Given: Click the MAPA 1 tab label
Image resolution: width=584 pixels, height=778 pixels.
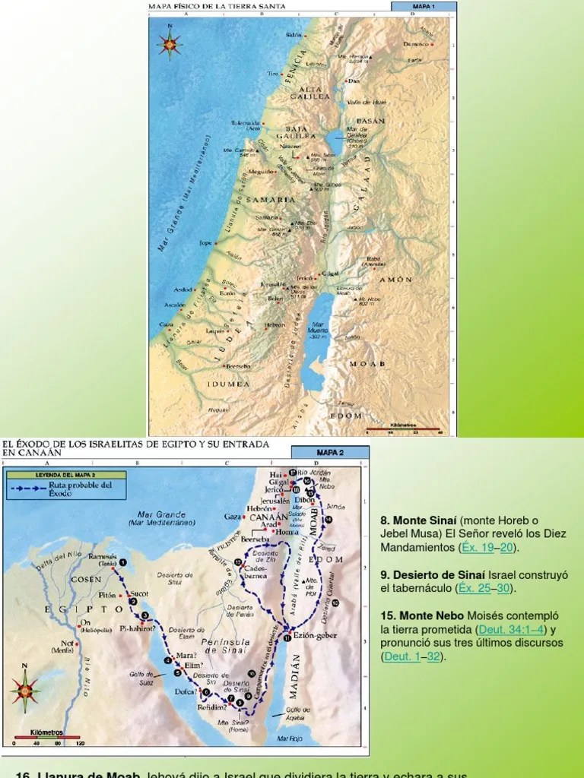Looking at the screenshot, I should click(423, 6).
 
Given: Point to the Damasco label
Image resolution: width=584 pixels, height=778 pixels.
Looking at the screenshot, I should click(416, 44).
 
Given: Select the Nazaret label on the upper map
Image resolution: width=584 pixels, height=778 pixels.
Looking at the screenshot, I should click(292, 143).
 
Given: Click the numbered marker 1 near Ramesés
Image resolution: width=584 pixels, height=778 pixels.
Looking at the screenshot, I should click(123, 562).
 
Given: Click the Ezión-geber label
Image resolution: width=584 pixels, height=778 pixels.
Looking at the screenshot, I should click(314, 636).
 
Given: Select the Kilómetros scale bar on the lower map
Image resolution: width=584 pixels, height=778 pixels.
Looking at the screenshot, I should click(47, 738).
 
